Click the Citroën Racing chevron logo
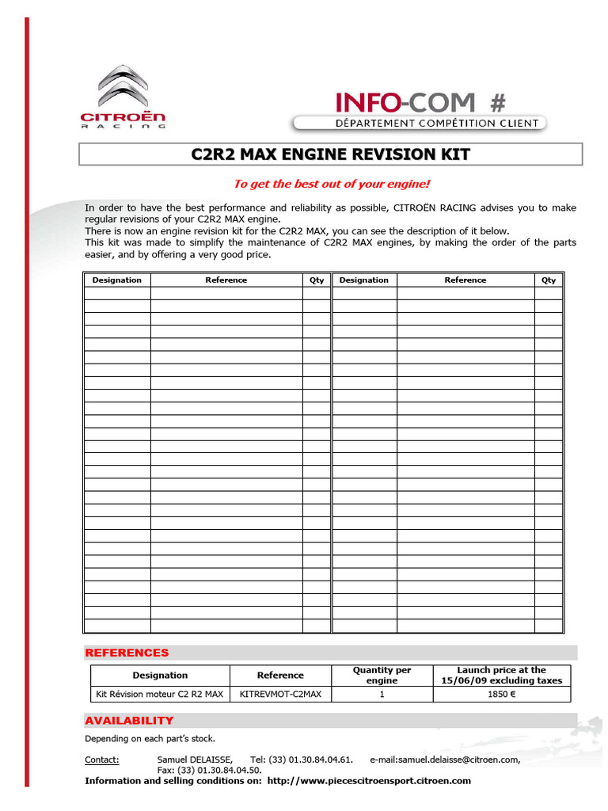(123, 89)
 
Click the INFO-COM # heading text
(420, 102)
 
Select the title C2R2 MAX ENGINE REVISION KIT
(331, 154)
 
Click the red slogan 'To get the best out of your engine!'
(331, 184)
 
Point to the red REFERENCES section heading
(127, 653)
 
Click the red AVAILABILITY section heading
(129, 720)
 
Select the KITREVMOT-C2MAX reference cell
(280, 694)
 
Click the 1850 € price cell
(501, 694)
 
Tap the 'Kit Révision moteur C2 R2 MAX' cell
(160, 694)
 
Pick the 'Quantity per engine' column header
(382, 675)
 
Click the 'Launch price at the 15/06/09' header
(501, 675)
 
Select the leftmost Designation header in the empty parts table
(117, 280)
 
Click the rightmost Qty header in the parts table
(549, 280)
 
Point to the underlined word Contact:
(102, 760)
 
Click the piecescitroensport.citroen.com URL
(369, 780)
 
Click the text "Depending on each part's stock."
(150, 738)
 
